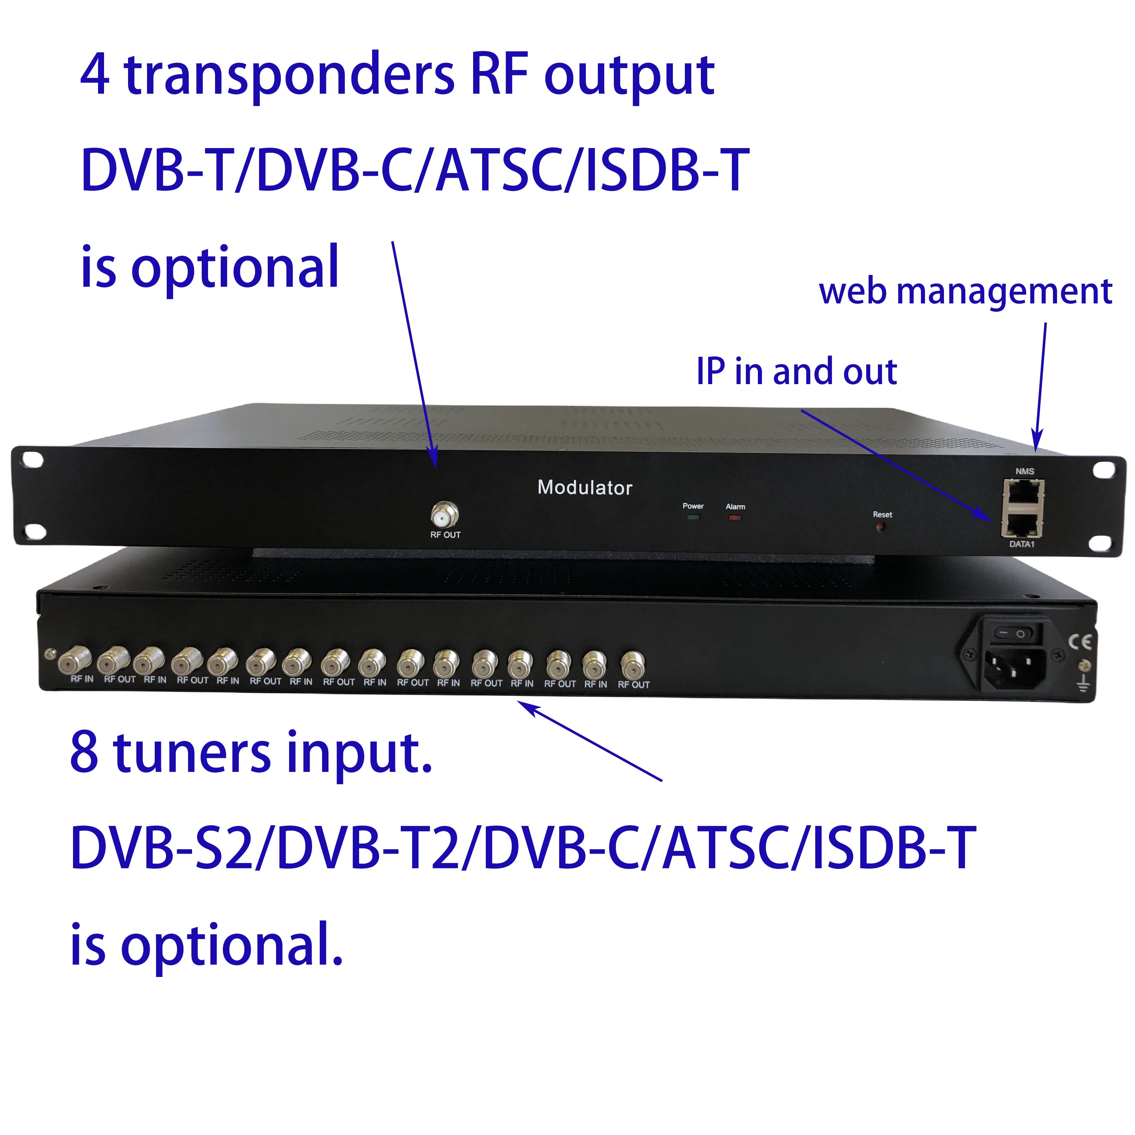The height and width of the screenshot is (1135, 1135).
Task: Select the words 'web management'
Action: [965, 292]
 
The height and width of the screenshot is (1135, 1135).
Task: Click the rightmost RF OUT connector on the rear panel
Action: [632, 665]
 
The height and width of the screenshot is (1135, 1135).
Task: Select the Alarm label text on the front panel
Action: [735, 506]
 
